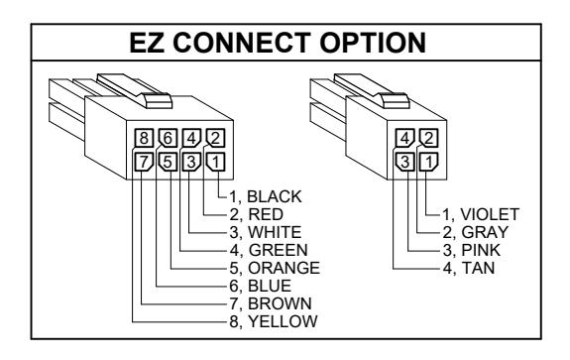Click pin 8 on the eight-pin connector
(x=144, y=138)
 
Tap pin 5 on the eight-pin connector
(x=168, y=162)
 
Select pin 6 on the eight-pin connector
(x=168, y=138)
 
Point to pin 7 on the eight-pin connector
(x=144, y=162)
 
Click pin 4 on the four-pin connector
(x=405, y=138)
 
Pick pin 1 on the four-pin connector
(x=429, y=162)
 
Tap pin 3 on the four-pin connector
(x=405, y=162)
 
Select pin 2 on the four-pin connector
(x=429, y=138)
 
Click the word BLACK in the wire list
(x=275, y=196)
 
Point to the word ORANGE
(x=284, y=268)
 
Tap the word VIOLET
(x=490, y=214)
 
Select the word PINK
(x=481, y=250)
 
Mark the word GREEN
(x=279, y=250)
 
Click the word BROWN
(x=280, y=303)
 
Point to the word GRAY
(x=485, y=232)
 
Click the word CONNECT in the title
(x=242, y=43)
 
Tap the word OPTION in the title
(x=373, y=43)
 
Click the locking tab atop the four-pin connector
(x=395, y=100)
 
